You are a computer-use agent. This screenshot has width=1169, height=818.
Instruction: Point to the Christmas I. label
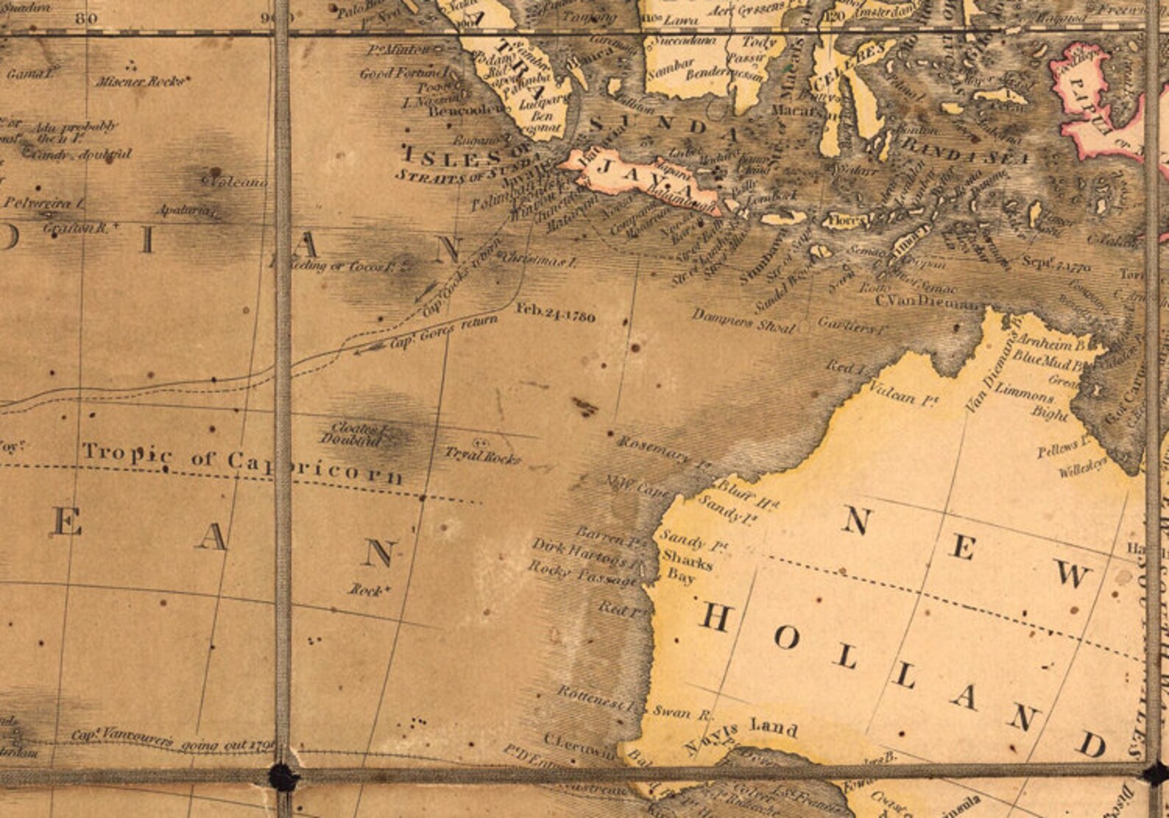(537, 260)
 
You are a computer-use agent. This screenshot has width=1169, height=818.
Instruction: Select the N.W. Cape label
(637, 486)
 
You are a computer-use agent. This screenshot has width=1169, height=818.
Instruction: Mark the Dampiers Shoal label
(744, 321)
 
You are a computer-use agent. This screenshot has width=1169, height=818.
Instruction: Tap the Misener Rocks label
(140, 82)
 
